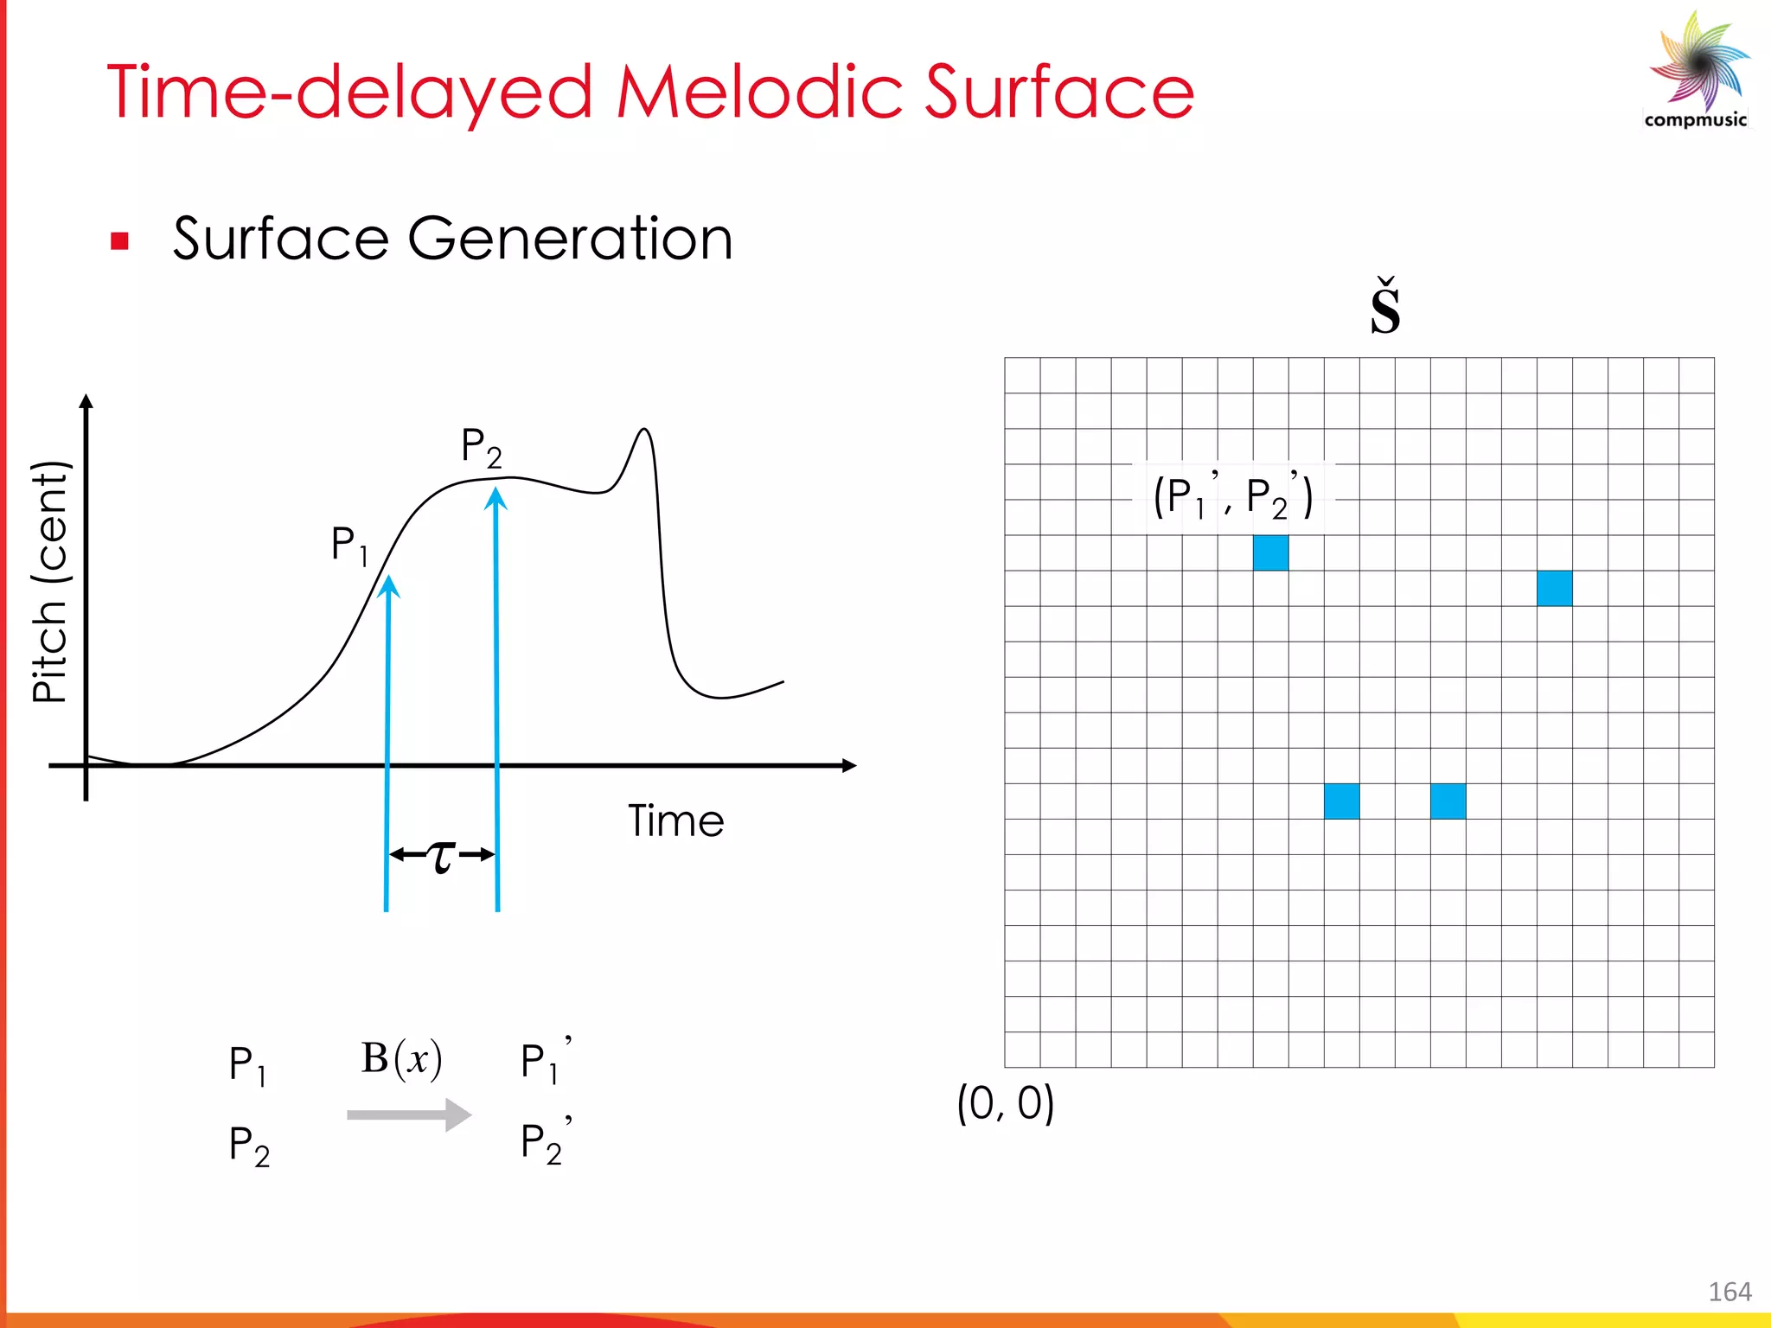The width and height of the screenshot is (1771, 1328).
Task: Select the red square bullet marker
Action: click(120, 241)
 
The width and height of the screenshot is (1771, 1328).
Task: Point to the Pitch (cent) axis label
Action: click(49, 582)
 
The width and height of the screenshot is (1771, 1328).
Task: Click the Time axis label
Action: click(675, 821)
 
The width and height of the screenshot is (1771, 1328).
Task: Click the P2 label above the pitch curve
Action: click(481, 448)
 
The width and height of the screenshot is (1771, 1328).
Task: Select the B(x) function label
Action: click(401, 1058)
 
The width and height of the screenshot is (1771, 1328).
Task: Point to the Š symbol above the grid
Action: click(1385, 309)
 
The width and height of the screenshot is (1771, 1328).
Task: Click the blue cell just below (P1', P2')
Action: click(1270, 553)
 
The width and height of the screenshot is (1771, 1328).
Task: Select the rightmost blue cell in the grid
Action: click(1554, 589)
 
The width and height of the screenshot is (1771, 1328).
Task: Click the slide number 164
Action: click(1729, 1292)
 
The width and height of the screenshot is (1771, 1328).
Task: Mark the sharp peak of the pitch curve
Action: click(644, 430)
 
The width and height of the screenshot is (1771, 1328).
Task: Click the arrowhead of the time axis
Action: click(849, 765)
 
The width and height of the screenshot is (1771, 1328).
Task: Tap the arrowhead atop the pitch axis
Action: click(86, 401)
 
